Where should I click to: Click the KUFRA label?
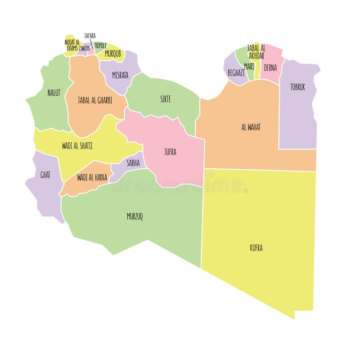pos(256,247)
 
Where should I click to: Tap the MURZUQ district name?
pos(135,216)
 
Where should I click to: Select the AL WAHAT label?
pos(251,127)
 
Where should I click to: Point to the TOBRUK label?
pos(297,87)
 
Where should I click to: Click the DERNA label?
pos(270,68)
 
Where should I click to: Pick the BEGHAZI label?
pos(236,72)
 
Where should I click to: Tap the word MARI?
pos(249,66)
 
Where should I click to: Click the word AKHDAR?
pos(256,56)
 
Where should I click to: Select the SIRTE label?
pos(165,99)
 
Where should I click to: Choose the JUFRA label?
pos(170,152)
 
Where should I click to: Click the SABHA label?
pos(133,163)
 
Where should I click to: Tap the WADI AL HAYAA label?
pos(92,177)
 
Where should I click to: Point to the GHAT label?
pos(45,175)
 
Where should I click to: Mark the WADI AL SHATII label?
pos(77,145)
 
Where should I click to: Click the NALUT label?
pos(54,93)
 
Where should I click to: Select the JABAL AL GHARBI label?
pos(95,100)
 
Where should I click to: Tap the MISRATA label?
pos(120,75)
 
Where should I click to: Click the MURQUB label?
pos(113,54)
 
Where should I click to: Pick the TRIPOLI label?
pos(101,45)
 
